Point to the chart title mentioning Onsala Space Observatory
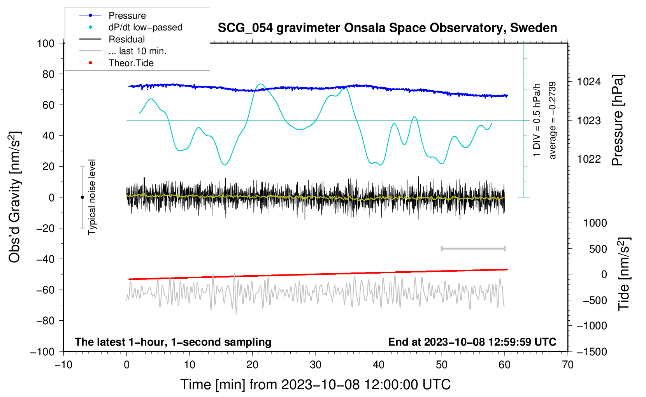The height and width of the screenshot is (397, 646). pos(387,28)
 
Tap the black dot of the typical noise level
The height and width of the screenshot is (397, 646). pos(82,197)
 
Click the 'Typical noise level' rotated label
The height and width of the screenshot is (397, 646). pos(92,197)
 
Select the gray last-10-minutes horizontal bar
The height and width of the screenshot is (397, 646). pos(473,248)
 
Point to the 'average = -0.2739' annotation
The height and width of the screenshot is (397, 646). pos(552,120)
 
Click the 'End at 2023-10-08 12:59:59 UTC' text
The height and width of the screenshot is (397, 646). pos(472,342)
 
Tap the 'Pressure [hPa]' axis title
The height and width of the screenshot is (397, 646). pos(618,120)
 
